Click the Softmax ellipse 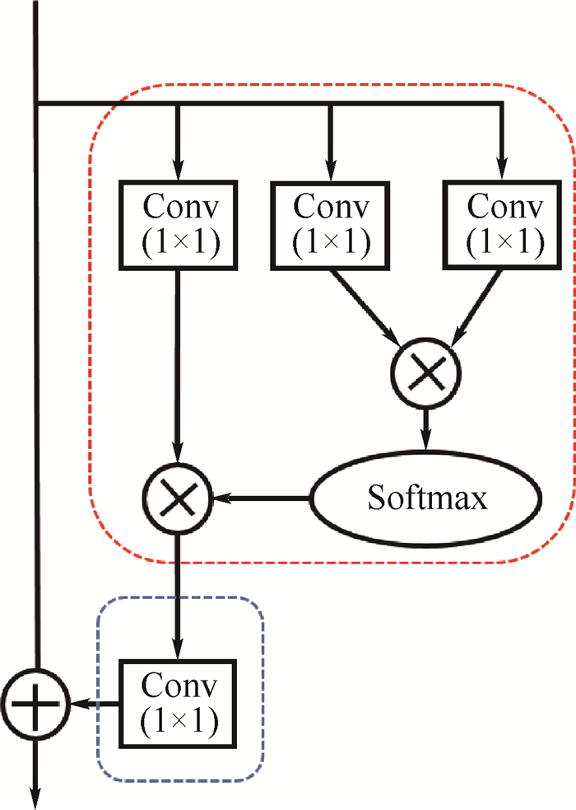pos(425,499)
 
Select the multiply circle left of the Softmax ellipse pos(178,499)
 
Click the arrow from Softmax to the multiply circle pos(260,499)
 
